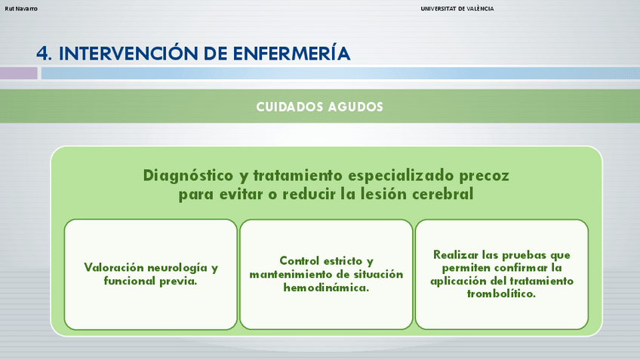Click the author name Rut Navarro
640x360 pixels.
tap(21, 8)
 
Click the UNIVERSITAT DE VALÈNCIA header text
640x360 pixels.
tap(457, 8)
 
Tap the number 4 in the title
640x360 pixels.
tap(42, 54)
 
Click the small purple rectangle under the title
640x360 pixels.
tap(19, 73)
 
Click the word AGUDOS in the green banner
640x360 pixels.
tap(355, 107)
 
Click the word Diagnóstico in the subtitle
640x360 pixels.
tap(188, 176)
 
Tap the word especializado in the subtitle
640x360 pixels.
tap(402, 176)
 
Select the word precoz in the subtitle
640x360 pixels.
tap(484, 177)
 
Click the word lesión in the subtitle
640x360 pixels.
tap(383, 194)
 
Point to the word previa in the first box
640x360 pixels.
tap(178, 281)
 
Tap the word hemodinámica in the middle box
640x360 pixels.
tap(326, 288)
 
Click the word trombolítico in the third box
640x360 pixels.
tap(501, 294)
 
